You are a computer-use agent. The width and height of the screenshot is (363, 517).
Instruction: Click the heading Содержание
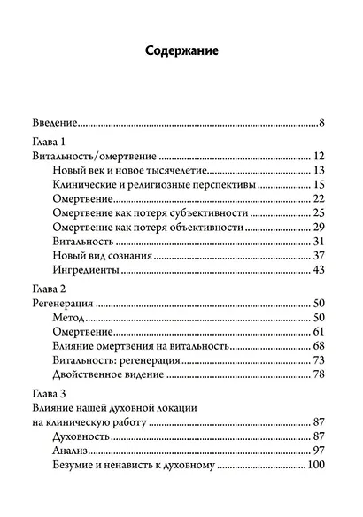tap(181, 51)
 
